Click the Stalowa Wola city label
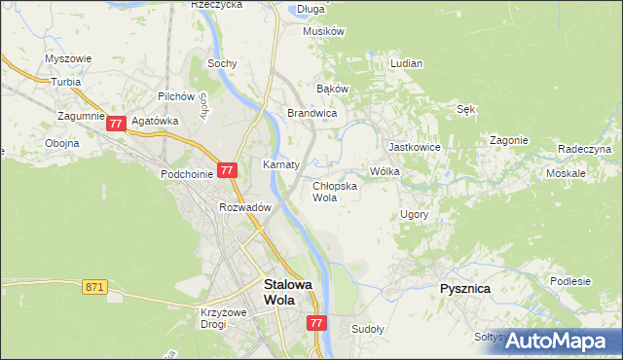click(288, 293)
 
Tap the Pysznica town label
click(464, 290)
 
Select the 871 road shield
click(94, 287)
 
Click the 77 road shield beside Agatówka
click(117, 124)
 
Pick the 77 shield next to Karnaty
click(227, 170)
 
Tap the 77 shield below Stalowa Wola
click(315, 323)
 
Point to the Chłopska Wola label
click(334, 191)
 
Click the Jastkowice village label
click(415, 147)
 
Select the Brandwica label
click(311, 114)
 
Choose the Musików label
click(324, 31)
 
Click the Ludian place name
click(406, 63)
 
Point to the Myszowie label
click(68, 58)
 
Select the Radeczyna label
click(584, 149)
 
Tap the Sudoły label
click(368, 329)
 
